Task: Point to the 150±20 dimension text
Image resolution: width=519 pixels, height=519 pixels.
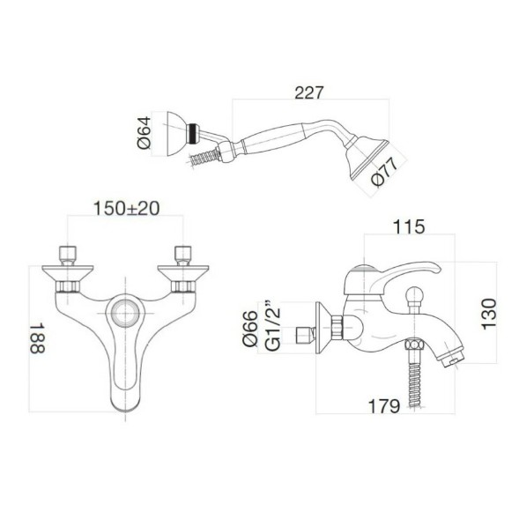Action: pos(125,209)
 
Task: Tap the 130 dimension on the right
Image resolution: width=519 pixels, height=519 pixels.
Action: pos(490,312)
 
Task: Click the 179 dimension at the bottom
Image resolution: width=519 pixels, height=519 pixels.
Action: pos(385,406)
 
